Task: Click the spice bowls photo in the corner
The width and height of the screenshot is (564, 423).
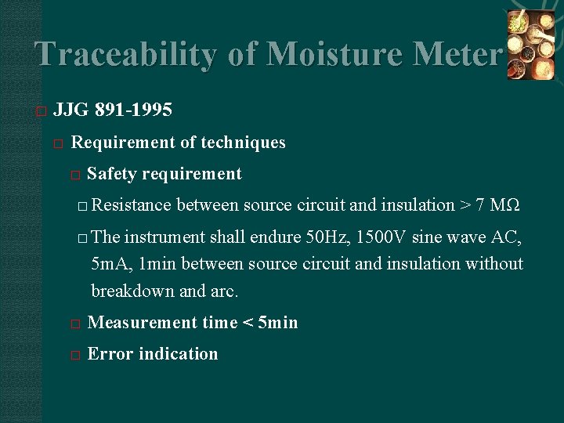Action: point(530,45)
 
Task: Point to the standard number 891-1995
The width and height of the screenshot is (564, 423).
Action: point(133,110)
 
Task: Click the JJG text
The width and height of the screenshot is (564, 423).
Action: point(70,110)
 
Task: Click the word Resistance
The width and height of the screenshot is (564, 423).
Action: point(131,205)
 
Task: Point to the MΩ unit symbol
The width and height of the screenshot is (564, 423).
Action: point(504,205)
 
